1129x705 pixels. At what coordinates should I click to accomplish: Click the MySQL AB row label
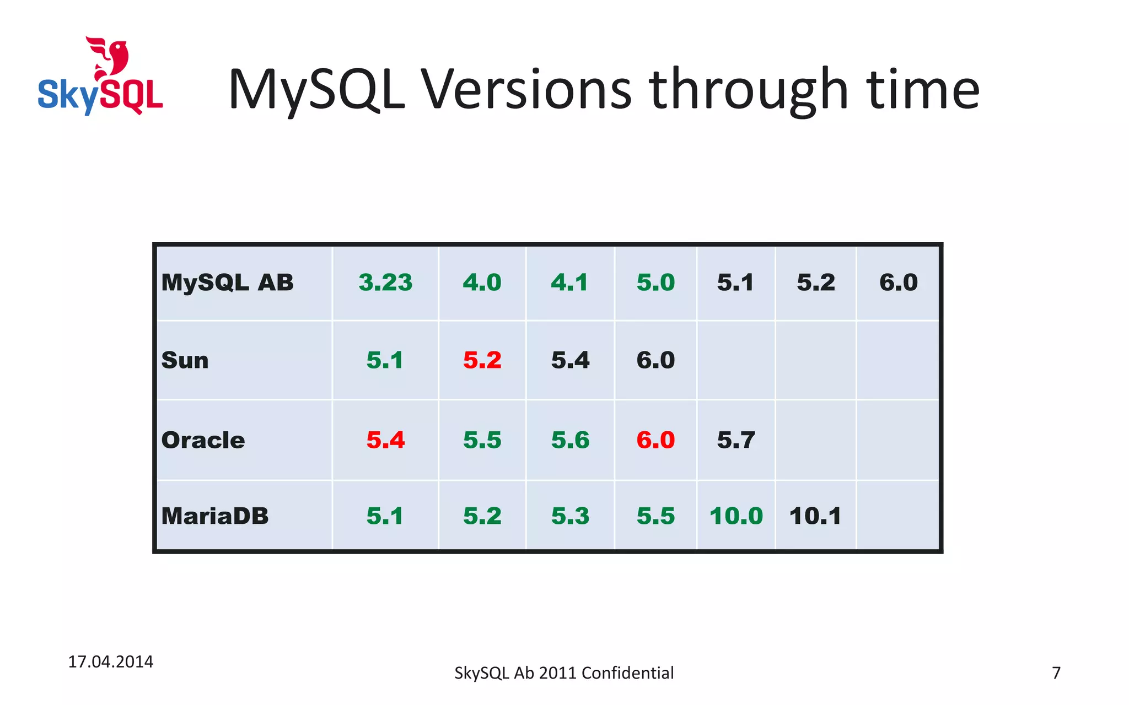click(227, 283)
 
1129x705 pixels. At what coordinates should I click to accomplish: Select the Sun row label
click(185, 361)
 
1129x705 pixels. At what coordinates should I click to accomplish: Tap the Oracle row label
click(203, 440)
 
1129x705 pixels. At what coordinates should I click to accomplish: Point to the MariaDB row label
click(215, 516)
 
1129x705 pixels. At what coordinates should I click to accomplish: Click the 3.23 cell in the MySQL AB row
click(385, 283)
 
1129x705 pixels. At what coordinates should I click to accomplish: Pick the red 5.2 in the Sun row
click(482, 361)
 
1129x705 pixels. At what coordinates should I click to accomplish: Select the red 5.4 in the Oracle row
click(385, 440)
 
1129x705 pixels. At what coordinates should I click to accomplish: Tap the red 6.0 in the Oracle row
click(655, 440)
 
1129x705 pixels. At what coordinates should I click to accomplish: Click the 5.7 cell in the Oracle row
click(736, 440)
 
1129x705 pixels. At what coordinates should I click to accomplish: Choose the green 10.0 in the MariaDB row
click(736, 516)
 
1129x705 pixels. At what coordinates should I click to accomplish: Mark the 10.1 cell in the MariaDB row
click(815, 516)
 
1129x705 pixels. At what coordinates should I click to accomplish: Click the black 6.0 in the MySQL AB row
click(898, 283)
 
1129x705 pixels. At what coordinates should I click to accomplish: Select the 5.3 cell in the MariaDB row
click(570, 516)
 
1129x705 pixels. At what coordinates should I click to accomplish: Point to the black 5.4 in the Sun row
click(570, 361)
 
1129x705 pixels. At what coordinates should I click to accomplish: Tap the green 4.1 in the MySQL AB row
click(569, 283)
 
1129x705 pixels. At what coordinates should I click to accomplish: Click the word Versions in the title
click(526, 89)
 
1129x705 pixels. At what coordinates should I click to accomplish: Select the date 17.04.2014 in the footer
click(110, 661)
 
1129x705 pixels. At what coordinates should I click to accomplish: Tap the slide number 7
click(1056, 673)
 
